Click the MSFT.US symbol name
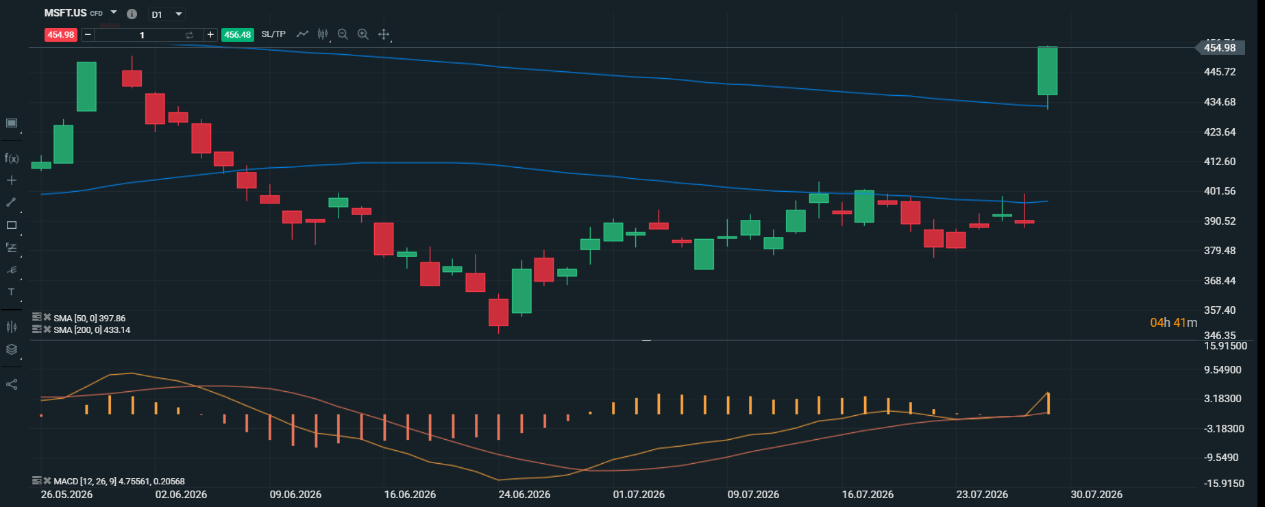click(x=65, y=13)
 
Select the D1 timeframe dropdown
click(x=167, y=14)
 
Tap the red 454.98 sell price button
click(x=60, y=35)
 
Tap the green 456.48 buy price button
click(x=237, y=35)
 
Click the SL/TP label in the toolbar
click(x=273, y=34)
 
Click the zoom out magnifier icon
click(x=343, y=34)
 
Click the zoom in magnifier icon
click(x=363, y=34)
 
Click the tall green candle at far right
click(x=1048, y=71)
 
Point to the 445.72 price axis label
click(x=1220, y=72)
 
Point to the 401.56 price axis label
click(x=1220, y=191)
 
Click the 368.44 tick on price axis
click(x=1220, y=281)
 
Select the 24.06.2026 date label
click(x=524, y=495)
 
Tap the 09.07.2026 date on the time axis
click(x=753, y=495)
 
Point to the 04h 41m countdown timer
click(x=1174, y=323)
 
